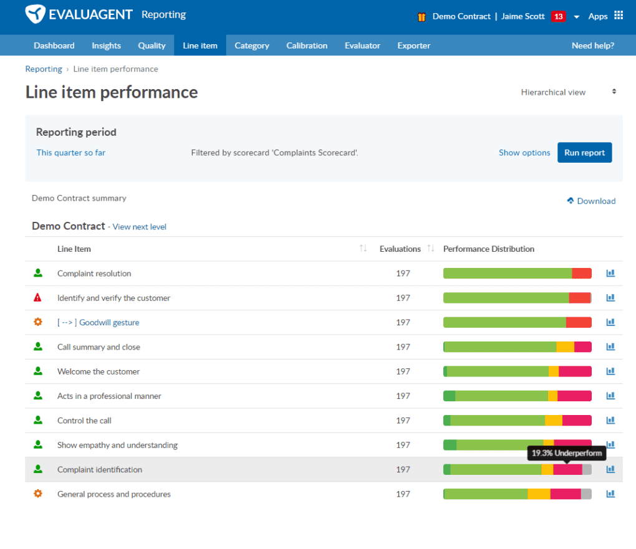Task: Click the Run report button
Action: point(584,153)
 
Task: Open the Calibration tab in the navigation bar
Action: point(307,45)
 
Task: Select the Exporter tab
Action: point(413,45)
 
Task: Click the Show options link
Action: point(524,153)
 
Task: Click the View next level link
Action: point(139,227)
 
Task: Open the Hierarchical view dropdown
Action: point(568,92)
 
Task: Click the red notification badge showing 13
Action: point(558,16)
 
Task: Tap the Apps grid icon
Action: point(618,16)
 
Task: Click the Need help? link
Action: point(592,45)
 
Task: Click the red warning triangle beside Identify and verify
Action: point(38,298)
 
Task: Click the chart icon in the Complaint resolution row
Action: point(610,273)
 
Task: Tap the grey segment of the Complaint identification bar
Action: point(587,469)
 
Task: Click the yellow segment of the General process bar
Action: point(539,494)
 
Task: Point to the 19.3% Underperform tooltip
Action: point(567,453)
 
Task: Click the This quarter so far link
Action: point(70,153)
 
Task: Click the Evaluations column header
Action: point(400,249)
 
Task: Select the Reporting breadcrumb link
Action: point(44,69)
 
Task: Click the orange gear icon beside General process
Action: point(38,494)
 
